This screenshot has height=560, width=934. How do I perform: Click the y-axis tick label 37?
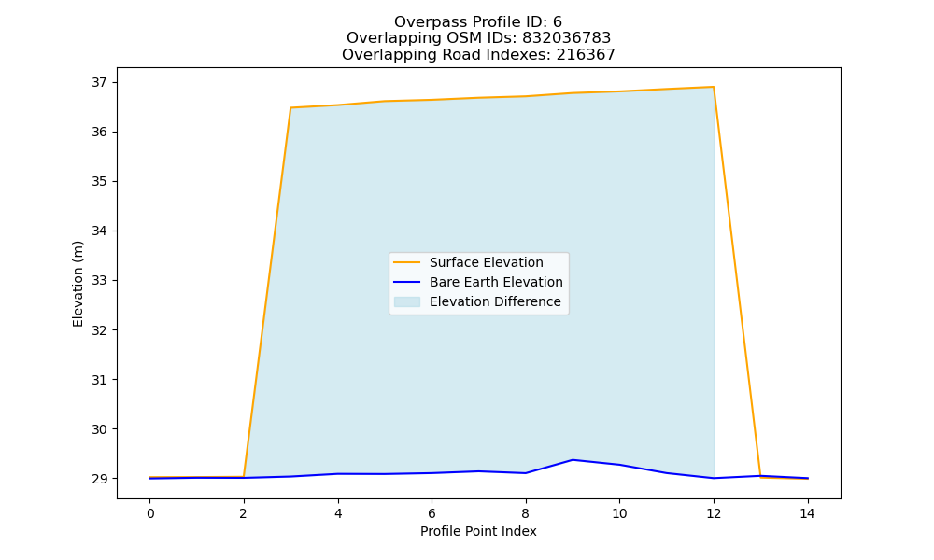click(100, 82)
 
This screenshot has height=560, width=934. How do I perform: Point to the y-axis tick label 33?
click(100, 280)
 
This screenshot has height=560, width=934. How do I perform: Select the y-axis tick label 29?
click(100, 479)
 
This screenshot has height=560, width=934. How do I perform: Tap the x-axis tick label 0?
click(150, 513)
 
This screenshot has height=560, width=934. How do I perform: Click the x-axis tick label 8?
click(525, 513)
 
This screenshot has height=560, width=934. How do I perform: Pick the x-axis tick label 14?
click(807, 513)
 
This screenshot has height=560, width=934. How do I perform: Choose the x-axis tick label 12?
click(714, 513)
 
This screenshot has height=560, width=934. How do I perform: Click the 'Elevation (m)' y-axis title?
click(78, 284)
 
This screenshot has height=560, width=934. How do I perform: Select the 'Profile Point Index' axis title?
click(478, 531)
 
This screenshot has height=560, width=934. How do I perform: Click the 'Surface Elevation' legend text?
click(486, 262)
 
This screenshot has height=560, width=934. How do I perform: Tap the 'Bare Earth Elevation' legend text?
click(496, 282)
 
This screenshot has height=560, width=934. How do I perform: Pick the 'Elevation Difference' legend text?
click(495, 301)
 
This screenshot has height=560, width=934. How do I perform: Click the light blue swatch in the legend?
click(407, 301)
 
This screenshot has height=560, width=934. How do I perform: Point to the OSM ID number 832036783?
click(567, 38)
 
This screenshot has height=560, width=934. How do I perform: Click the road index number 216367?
click(586, 55)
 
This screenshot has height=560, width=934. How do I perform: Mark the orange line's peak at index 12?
click(714, 87)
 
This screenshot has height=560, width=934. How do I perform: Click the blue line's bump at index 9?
click(573, 460)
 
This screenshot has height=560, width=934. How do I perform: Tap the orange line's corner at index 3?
click(290, 107)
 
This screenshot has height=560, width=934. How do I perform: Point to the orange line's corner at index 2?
click(244, 477)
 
